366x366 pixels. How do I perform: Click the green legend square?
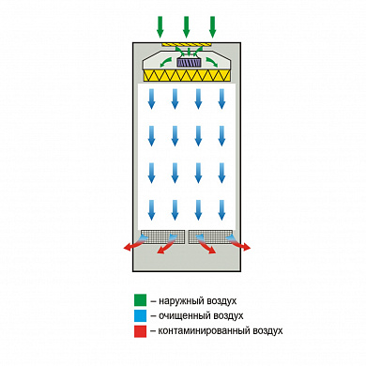click(140, 300)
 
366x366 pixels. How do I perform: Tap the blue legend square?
click(140, 315)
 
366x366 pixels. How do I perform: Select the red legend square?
click(140, 331)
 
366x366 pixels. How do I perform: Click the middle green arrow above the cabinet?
click(187, 27)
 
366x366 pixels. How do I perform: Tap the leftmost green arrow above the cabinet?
click(160, 27)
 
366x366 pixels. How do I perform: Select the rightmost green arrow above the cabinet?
click(213, 27)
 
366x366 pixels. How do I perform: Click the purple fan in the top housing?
click(189, 62)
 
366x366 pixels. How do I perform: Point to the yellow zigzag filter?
click(187, 75)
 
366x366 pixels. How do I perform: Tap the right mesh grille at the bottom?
click(211, 236)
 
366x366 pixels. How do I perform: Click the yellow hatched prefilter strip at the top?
click(187, 45)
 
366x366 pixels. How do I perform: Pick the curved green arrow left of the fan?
click(166, 62)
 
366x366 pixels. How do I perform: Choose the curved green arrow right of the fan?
click(211, 62)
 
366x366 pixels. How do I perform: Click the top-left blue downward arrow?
click(151, 99)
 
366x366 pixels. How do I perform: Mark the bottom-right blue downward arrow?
click(221, 210)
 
